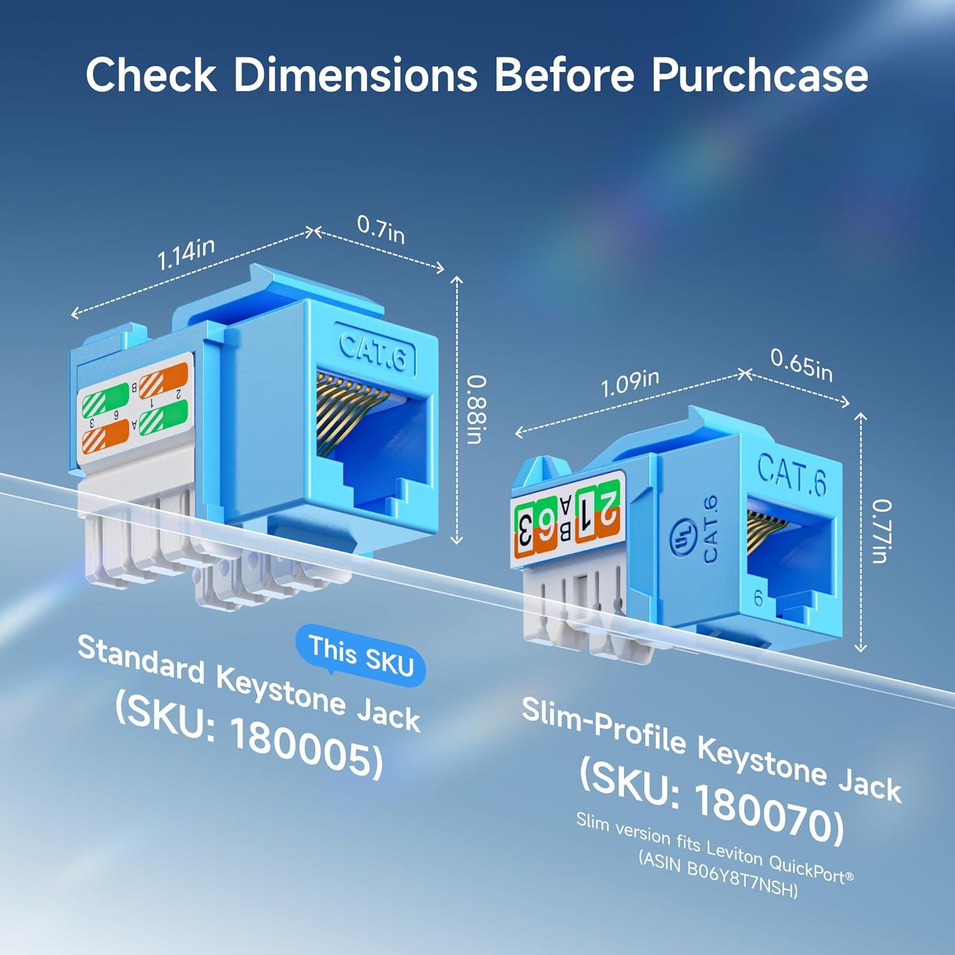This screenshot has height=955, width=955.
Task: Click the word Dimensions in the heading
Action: point(355,75)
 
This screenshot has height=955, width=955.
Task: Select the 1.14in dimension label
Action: point(185,255)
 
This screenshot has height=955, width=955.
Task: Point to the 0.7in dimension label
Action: point(381,229)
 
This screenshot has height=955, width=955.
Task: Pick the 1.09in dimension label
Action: point(630,383)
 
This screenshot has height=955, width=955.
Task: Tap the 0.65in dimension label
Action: point(801,365)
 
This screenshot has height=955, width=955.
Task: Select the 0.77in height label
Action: point(882,532)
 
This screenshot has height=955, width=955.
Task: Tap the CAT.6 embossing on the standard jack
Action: point(373,350)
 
